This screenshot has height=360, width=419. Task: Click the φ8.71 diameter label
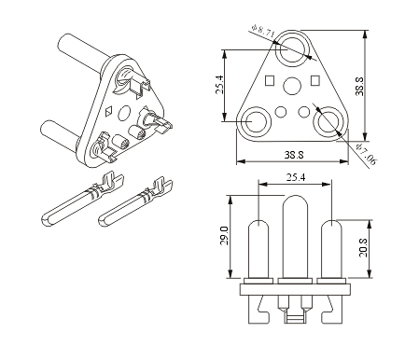(263, 31)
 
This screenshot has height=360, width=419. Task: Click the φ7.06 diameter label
(366, 154)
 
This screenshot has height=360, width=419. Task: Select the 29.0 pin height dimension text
(224, 236)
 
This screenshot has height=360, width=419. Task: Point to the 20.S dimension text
(363, 247)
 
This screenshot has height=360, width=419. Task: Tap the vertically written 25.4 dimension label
(219, 85)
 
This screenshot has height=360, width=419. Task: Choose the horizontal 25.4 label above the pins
(296, 177)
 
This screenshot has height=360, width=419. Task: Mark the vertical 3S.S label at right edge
(359, 86)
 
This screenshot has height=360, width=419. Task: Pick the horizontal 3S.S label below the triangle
(294, 155)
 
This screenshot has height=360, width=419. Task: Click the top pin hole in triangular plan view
(292, 48)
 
